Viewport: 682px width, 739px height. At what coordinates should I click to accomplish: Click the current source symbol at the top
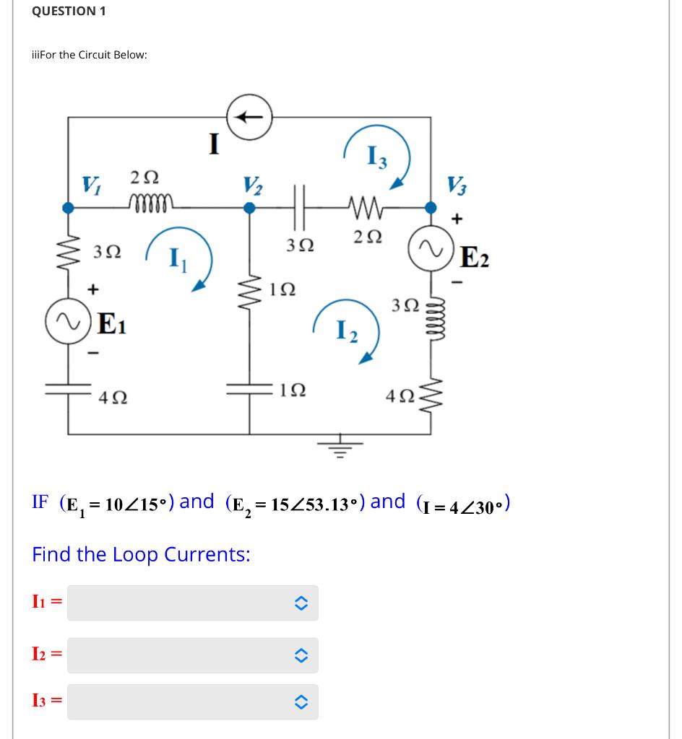[x=250, y=115]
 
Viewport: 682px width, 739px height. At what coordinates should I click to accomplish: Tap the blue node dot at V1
[x=68, y=208]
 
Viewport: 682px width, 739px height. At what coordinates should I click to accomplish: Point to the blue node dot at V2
[x=250, y=208]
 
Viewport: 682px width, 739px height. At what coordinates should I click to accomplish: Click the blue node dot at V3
[x=431, y=208]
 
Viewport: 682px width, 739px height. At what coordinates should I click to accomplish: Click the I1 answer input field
[x=192, y=603]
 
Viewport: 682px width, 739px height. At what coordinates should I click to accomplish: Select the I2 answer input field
[x=192, y=655]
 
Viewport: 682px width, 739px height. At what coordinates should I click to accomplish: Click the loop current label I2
[x=345, y=333]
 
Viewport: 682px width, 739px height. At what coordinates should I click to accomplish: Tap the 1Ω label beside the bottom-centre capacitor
[x=292, y=390]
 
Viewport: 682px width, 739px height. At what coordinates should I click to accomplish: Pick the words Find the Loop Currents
[x=142, y=554]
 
